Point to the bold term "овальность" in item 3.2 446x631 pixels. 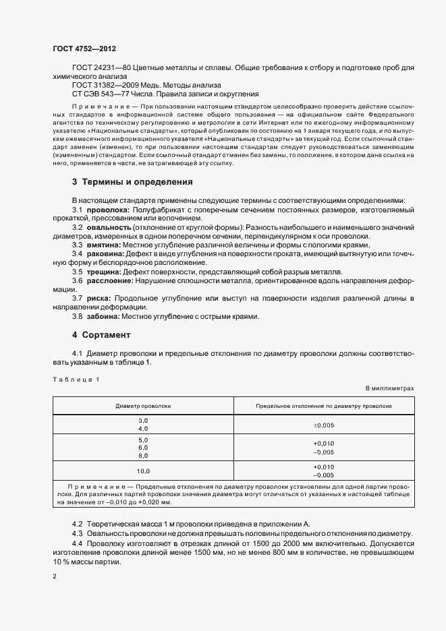pyautogui.click(x=108, y=228)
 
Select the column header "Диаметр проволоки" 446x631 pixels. pyautogui.click(x=143, y=407)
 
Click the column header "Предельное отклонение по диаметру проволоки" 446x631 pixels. pyautogui.click(x=324, y=407)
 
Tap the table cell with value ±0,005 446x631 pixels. pyautogui.click(x=324, y=425)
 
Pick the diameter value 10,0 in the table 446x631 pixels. pyautogui.click(x=143, y=471)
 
